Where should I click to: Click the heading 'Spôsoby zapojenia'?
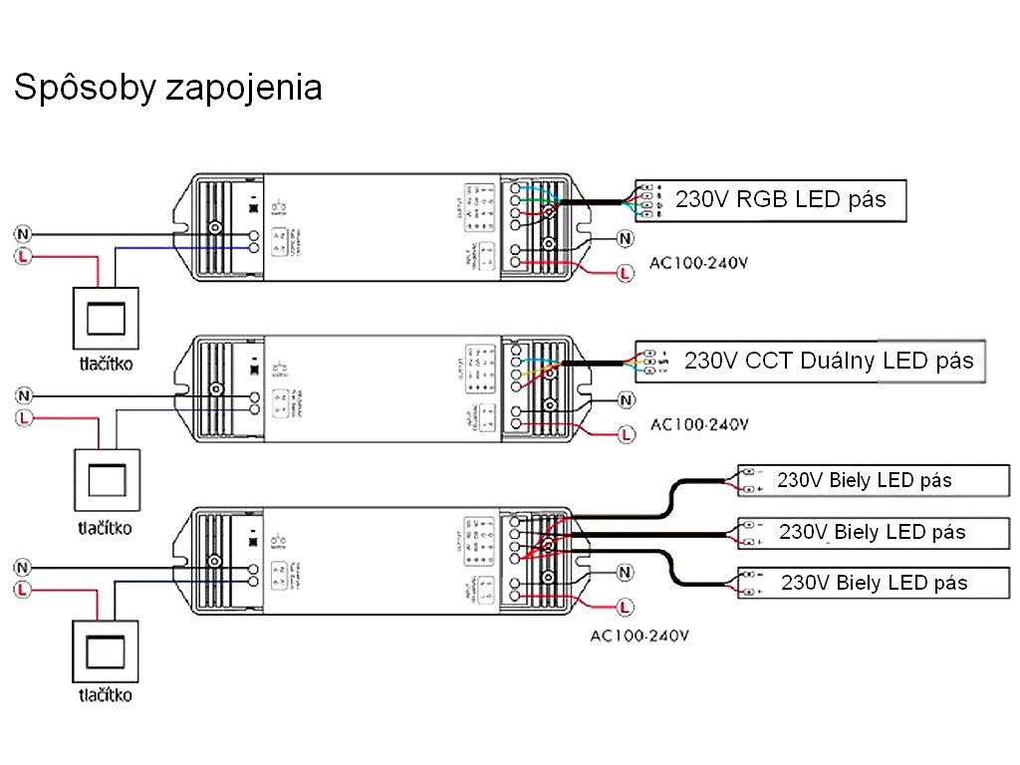point(167,88)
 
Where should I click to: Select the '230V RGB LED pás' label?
point(780,199)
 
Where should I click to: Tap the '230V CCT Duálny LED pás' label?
point(828,361)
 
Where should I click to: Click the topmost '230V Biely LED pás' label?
point(864,480)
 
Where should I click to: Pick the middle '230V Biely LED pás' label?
point(872,532)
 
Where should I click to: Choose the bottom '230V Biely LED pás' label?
point(874,583)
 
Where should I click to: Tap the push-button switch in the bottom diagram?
point(105,650)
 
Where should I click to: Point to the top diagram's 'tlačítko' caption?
point(106,364)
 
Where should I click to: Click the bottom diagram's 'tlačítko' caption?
point(105,694)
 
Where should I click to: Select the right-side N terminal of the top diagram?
point(625,239)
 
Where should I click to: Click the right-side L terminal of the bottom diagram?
point(625,606)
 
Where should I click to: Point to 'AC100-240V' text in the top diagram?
point(698,264)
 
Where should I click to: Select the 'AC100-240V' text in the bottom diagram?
point(640,635)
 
